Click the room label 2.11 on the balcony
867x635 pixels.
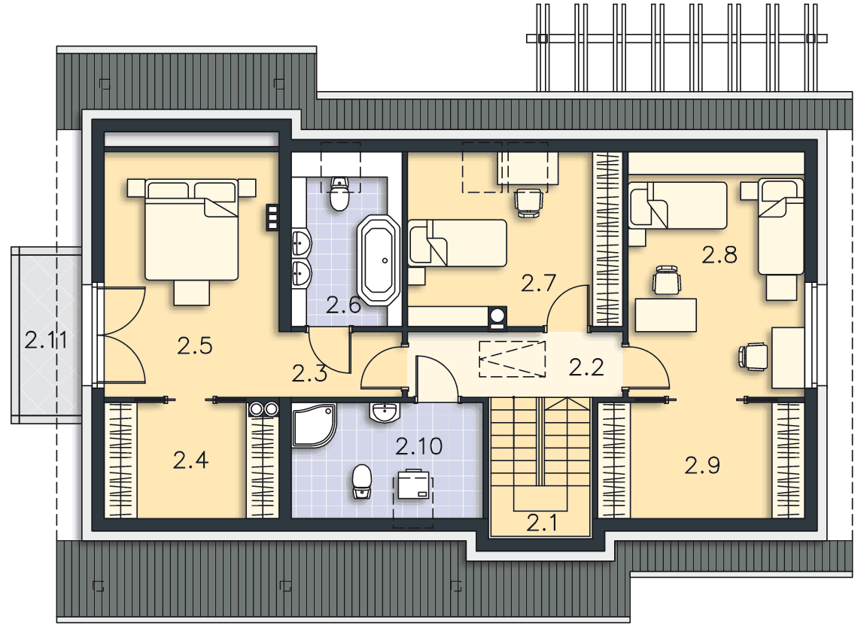[46, 340]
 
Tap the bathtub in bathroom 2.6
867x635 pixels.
[379, 260]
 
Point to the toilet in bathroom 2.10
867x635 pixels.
[361, 482]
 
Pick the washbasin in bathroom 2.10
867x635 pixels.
[384, 412]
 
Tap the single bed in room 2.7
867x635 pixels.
[458, 242]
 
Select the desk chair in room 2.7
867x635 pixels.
[528, 203]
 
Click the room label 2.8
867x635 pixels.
[719, 255]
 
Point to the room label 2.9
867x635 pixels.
[702, 465]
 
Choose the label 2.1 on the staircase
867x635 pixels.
[541, 522]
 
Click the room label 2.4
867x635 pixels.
[190, 460]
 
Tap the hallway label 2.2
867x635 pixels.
[586, 367]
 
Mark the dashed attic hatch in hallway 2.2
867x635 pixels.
[512, 359]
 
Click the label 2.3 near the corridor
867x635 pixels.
[309, 374]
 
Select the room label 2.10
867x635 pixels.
[418, 446]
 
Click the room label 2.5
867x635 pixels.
[195, 346]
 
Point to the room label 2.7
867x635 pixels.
[538, 284]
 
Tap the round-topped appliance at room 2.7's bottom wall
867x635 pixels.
[497, 317]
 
